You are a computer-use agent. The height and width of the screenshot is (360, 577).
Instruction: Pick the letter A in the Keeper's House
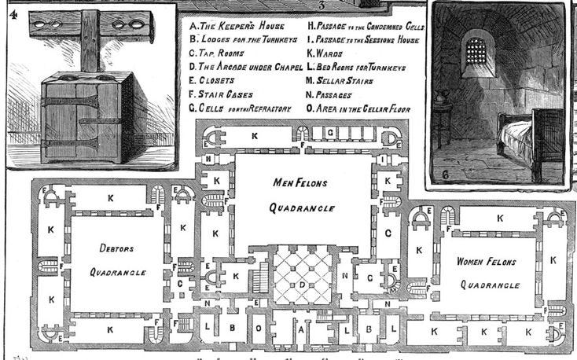(x=300, y=331)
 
